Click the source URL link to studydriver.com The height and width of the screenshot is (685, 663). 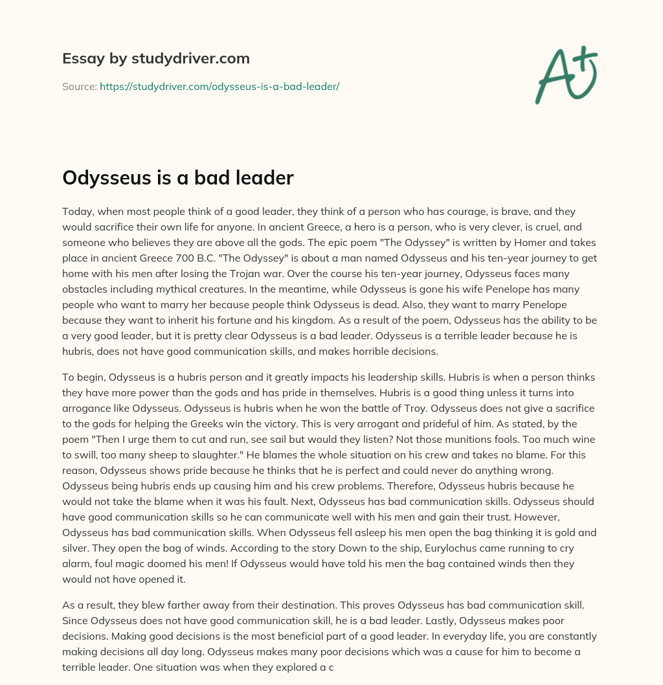coord(219,86)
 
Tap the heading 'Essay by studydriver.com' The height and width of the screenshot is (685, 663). coord(156,58)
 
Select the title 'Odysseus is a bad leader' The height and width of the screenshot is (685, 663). coord(178,178)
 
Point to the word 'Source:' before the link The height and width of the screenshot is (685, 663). coord(80,86)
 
